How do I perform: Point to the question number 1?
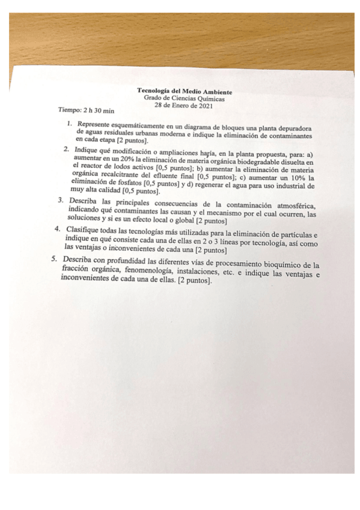[70, 125]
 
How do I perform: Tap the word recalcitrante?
[120, 177]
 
